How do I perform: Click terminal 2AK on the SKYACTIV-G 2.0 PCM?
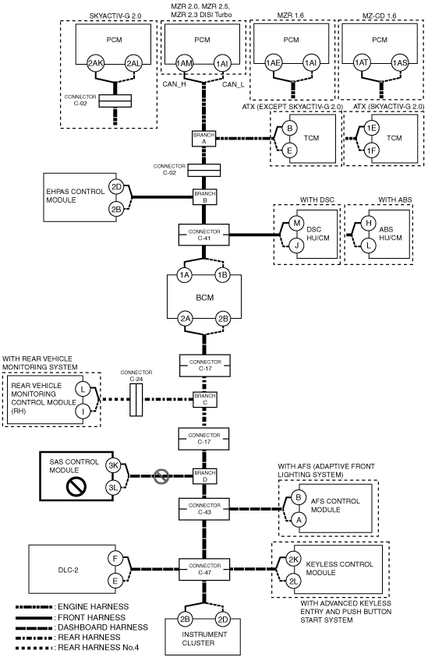coord(96,64)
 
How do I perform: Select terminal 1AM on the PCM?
coord(184,64)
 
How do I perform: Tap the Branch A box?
coord(204,139)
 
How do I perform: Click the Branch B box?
coord(204,197)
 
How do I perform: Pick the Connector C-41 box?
coord(204,235)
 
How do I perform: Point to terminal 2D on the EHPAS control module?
coord(116,187)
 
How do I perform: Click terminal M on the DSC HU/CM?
coord(296,223)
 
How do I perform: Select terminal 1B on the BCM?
coord(223,275)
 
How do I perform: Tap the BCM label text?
coord(205,298)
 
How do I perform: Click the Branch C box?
coord(204,399)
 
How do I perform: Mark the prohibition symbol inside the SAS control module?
coord(76,487)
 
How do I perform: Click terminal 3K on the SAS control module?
coord(113,465)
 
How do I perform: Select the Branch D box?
coord(204,476)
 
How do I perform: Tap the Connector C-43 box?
coord(204,509)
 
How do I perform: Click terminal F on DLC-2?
coord(115,559)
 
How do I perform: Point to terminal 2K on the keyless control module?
coord(293,560)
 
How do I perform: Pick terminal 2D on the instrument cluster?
coord(223,620)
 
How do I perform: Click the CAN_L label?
coord(233,85)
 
